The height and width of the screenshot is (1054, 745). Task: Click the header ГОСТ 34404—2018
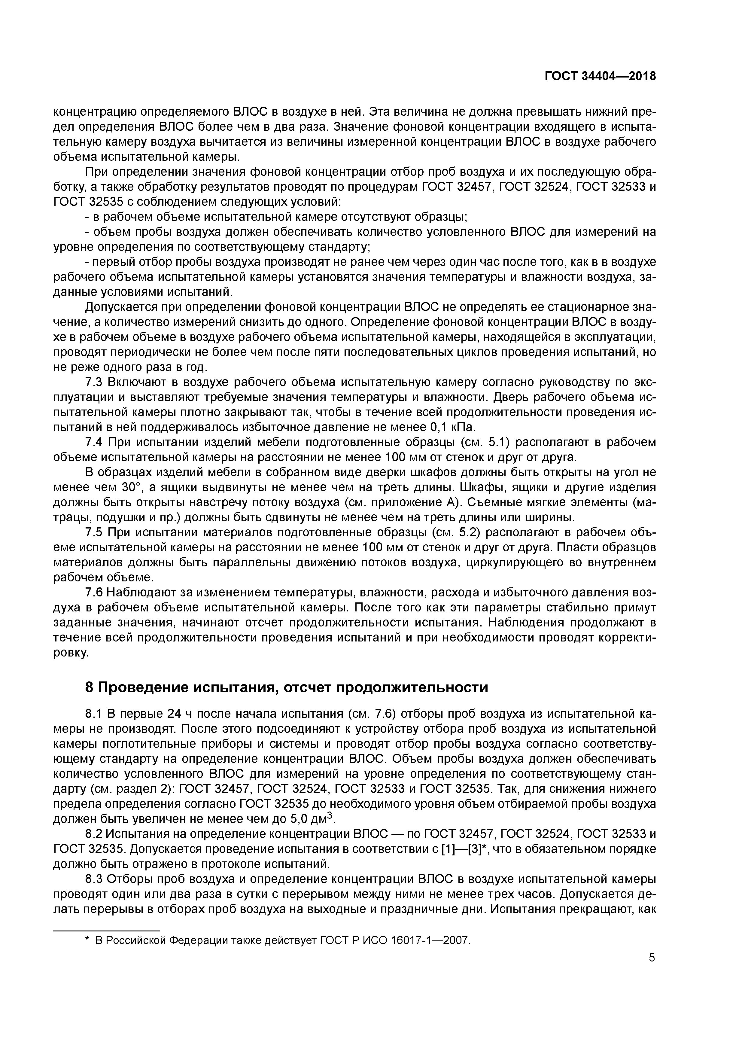coord(600,77)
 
